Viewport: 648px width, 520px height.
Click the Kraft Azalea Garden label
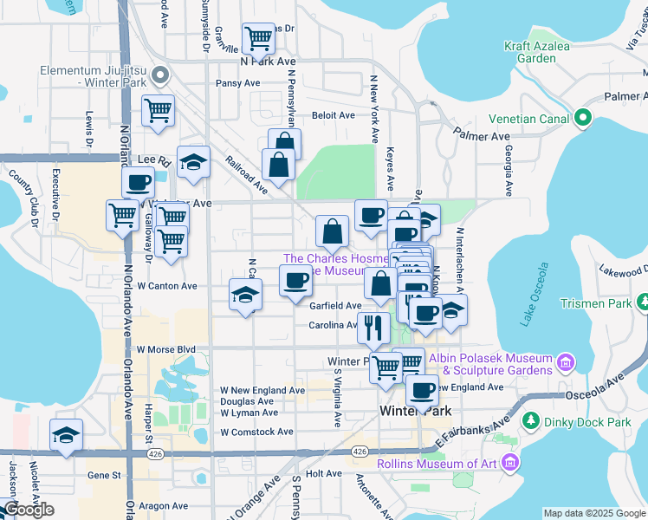point(530,52)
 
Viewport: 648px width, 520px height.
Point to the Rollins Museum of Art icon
point(509,463)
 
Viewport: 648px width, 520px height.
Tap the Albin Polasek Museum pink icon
point(566,361)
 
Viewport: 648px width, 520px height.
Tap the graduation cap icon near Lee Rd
point(193,161)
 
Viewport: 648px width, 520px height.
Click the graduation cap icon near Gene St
point(66,435)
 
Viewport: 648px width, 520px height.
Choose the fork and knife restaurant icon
point(373,326)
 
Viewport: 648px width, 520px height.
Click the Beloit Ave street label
point(334,115)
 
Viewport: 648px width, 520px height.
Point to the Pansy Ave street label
point(238,84)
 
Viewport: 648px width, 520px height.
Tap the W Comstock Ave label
point(257,432)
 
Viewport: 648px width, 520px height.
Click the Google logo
point(28,510)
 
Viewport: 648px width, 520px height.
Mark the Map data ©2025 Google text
point(594,513)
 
